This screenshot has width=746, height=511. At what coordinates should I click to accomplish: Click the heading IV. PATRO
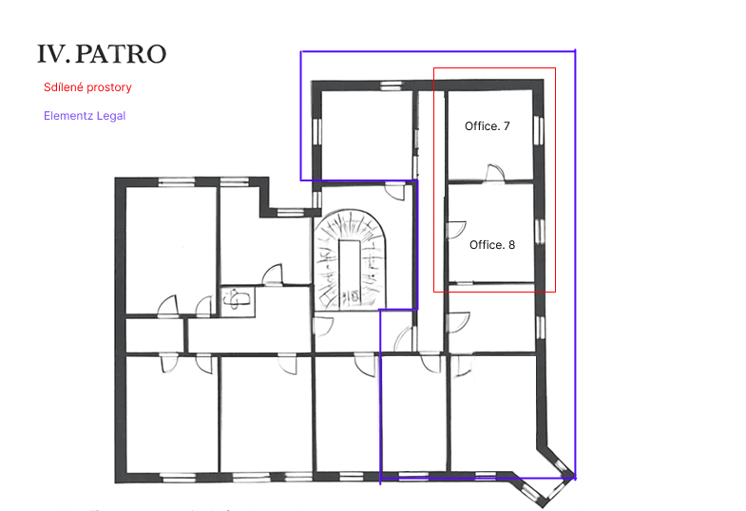pos(102,54)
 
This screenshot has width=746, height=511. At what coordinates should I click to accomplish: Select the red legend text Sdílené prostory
pos(87,87)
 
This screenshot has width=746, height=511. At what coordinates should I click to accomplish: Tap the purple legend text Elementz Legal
pos(85,116)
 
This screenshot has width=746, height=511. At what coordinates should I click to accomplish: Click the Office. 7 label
pos(488,126)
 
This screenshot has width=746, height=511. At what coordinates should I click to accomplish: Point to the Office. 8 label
pos(492,245)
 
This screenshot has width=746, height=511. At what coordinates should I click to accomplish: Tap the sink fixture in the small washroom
pos(238,299)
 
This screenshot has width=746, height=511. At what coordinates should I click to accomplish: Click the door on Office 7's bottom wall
pos(495,173)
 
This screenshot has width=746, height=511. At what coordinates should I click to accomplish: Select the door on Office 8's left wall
pos(457,230)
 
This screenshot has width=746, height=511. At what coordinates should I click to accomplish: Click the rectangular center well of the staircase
pos(350,273)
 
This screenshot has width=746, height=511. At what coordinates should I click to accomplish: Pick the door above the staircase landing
pos(395,191)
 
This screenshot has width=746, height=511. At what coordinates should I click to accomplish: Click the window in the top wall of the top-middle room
pos(392,86)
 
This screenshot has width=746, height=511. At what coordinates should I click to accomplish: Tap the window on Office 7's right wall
pos(539,130)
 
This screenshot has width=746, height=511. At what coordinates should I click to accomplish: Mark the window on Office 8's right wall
pos(540,232)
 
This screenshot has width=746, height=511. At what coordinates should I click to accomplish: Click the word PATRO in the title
pos(121,54)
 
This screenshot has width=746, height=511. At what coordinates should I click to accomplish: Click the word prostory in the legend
pos(110,88)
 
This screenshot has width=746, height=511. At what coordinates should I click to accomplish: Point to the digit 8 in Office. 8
pos(512,245)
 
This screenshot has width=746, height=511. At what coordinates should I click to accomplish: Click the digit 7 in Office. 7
pos(507,126)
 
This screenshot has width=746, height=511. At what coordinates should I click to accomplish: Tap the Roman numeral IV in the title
pos(51,54)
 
